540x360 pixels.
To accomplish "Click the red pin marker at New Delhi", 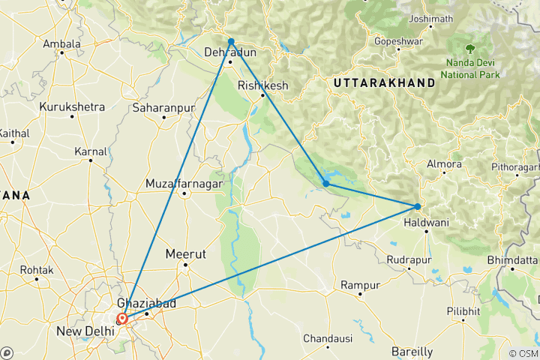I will pos(122,318).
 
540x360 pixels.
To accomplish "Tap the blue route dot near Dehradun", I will pos(231,41).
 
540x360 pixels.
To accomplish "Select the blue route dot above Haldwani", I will pos(418,206).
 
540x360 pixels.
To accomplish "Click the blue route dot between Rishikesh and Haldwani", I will pos(325,183).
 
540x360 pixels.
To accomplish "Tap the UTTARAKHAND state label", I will pos(385,82).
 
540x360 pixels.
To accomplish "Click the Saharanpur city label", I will pos(163,109).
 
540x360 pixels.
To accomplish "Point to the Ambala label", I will pos(61,44).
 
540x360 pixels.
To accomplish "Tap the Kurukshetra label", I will pos(73,107).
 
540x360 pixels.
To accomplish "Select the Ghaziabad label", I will pos(145,303).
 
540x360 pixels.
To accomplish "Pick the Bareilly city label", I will pos(412,351).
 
